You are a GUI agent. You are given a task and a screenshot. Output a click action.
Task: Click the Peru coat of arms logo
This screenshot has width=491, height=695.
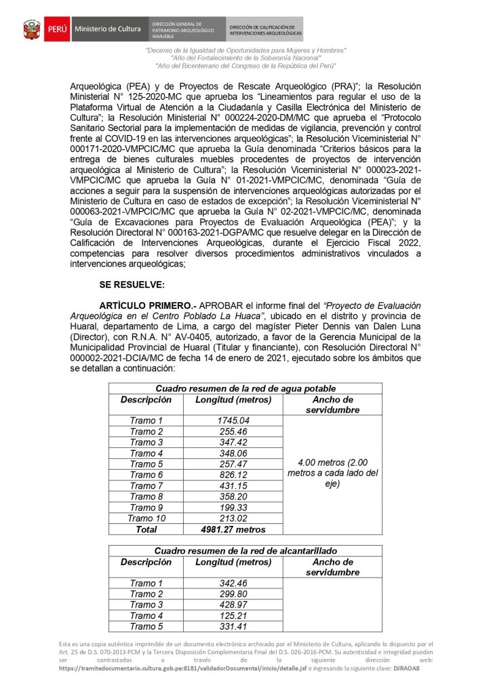coord(32,30)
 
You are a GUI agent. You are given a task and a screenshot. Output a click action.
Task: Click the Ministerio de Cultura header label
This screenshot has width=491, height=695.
coord(108,29)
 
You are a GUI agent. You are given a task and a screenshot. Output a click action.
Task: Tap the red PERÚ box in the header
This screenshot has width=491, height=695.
coord(57,30)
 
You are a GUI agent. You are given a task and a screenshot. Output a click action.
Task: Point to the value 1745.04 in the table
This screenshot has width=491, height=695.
coord(233,421)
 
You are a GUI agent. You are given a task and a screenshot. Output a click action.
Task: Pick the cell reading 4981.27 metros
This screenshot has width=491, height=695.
coord(233,529)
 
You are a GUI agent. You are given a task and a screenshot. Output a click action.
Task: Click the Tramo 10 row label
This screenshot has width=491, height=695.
coord(146,519)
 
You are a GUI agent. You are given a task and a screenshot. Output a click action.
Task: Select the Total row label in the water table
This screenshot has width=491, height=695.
coord(146,529)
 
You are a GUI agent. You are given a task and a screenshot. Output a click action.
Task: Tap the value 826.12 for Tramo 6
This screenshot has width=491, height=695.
coord(233,475)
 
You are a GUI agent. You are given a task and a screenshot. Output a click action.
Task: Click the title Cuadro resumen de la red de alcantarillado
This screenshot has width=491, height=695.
coord(245,551)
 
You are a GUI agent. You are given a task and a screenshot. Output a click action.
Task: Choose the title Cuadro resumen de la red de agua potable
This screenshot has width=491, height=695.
coord(245,388)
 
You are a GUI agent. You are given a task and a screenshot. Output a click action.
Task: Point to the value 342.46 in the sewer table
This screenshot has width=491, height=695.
coord(233,584)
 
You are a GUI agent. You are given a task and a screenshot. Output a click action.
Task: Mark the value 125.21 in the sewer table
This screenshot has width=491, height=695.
coord(233,616)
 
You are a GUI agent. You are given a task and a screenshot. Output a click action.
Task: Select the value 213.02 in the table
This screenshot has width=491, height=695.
coord(233,519)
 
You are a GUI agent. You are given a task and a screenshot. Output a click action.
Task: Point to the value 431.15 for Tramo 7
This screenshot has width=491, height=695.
coord(233,486)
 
